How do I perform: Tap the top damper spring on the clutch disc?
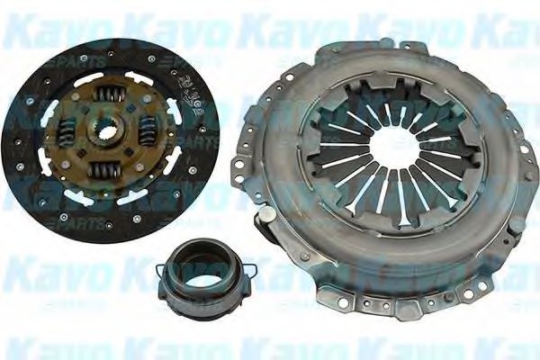[x=111, y=94]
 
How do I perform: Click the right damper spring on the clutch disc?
[x=148, y=132]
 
